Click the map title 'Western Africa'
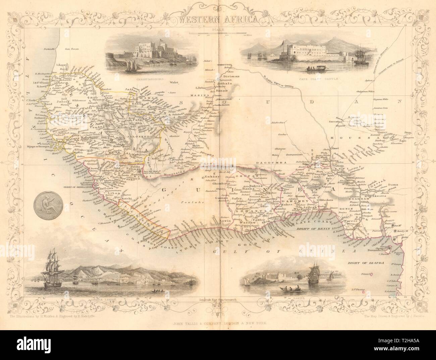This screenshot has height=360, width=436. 218,19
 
